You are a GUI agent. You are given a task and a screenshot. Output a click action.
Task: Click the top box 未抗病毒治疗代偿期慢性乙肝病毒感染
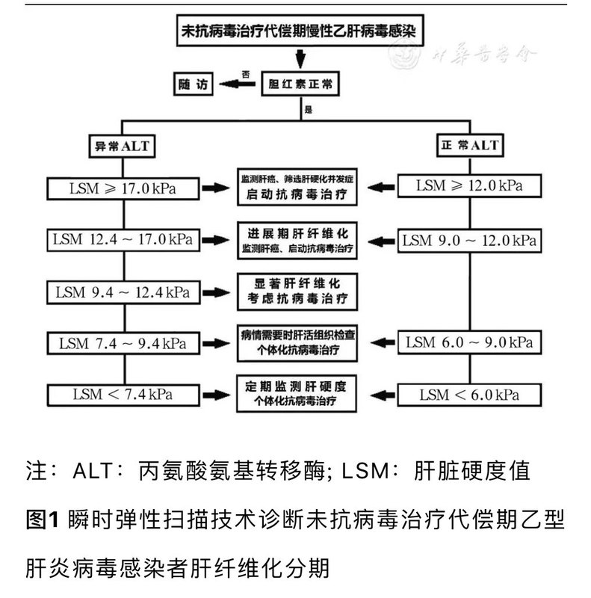coord(298,34)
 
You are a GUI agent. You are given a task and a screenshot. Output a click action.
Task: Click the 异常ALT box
coord(120,146)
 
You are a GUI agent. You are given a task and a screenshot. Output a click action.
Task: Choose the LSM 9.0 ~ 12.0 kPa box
coord(469,241)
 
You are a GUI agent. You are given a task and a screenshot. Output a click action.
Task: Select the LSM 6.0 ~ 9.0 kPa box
coord(469,343)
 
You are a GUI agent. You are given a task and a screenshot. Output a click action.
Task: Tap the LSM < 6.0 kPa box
coord(469,394)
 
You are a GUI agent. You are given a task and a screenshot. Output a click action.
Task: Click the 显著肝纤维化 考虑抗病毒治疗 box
coord(297,291)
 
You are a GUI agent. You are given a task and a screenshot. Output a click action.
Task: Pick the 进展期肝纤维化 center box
coord(297,238)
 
